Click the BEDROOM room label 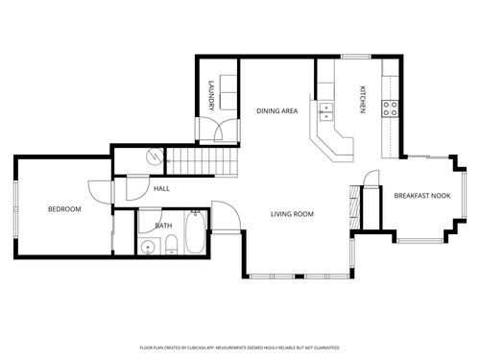click(64, 209)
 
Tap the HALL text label click(161, 188)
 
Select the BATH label click(165, 226)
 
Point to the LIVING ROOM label click(292, 214)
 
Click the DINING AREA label click(276, 111)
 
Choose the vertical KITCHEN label click(363, 99)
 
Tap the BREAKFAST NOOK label click(421, 196)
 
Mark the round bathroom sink click(148, 247)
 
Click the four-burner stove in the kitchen click(391, 108)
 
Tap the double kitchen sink click(325, 111)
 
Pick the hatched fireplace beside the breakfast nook click(358, 201)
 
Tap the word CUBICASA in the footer click(203, 348)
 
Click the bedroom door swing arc click(99, 189)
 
